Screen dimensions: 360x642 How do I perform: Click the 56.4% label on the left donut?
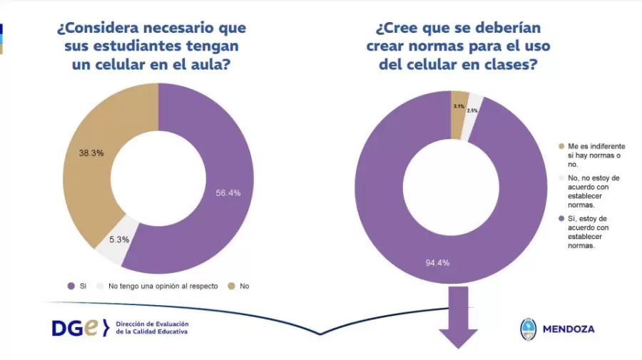point(228,192)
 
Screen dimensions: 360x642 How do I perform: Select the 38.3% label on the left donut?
point(92,153)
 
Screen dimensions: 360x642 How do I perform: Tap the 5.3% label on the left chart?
point(118,240)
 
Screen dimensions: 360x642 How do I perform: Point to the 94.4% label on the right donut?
point(437,263)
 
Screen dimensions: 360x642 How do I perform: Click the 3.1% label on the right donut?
point(459,106)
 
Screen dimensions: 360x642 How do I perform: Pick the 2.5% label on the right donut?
point(472,110)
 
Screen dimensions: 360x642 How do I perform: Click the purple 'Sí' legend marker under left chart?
point(71,286)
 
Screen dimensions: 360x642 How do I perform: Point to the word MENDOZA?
point(569,329)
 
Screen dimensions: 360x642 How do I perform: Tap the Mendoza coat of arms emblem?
point(529,329)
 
